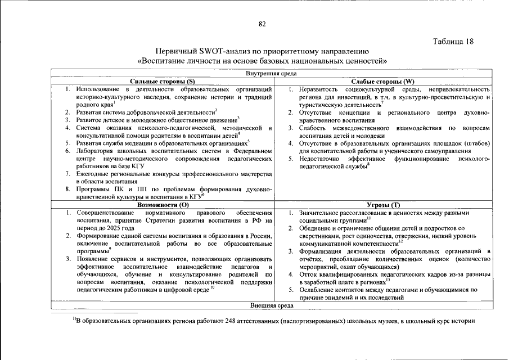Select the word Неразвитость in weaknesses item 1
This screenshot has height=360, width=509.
click(x=319, y=89)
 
